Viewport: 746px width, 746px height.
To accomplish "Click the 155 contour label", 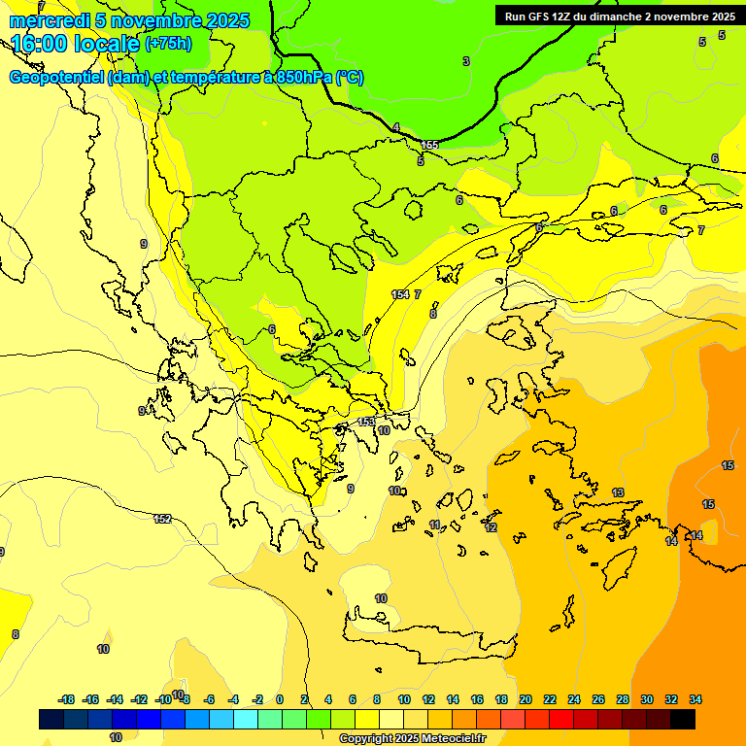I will [429, 145].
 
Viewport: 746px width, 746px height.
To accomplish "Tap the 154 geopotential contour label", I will [400, 294].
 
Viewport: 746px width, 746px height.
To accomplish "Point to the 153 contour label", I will [365, 422].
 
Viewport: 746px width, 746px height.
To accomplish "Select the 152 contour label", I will [162, 519].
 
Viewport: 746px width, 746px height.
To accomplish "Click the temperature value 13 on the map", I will [618, 492].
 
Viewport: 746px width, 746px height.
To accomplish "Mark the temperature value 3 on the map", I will [466, 61].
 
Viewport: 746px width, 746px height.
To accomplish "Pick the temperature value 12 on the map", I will [492, 527].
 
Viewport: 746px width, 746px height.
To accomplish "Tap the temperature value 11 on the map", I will [435, 525].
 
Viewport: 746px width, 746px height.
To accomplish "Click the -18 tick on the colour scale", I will [67, 699].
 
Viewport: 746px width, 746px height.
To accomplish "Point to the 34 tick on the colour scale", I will [695, 699].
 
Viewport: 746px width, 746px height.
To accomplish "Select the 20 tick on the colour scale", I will [526, 699].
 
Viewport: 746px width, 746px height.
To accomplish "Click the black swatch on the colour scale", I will [683, 719].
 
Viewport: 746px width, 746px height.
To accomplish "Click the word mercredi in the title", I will [49, 20].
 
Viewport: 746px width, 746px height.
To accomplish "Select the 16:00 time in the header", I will [43, 44].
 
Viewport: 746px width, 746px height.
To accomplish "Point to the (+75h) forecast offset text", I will [168, 44].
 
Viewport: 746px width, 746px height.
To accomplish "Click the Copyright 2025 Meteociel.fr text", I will [412, 738].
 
